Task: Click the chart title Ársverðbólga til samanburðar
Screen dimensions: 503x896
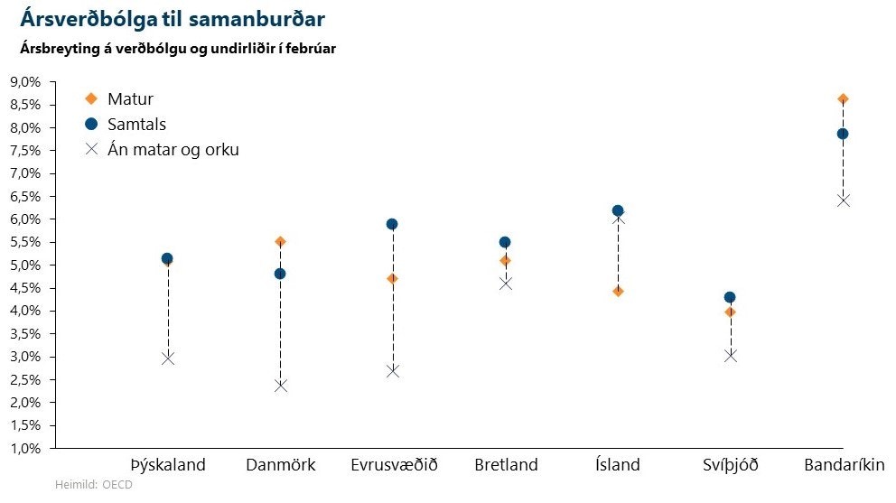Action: coord(173,17)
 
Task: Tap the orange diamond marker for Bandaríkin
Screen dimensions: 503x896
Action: coord(843,98)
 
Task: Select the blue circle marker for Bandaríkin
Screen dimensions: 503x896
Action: coord(843,134)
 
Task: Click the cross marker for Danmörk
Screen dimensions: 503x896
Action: coord(280,386)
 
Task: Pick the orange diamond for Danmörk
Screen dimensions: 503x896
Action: coord(280,242)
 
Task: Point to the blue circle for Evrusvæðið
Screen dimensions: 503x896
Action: coord(392,224)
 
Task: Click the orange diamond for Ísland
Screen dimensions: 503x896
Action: coord(618,291)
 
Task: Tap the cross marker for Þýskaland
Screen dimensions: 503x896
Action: coord(168,359)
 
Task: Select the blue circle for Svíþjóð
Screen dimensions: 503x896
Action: coord(730,297)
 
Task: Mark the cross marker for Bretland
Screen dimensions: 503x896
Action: coord(505,284)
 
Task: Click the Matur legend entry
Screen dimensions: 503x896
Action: coord(130,99)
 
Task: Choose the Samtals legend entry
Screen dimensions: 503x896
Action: coord(136,125)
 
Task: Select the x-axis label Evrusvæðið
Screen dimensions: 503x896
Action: coord(394,466)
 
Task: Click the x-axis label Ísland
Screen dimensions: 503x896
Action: coord(618,466)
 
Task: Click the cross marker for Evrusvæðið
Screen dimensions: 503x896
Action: coord(392,370)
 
